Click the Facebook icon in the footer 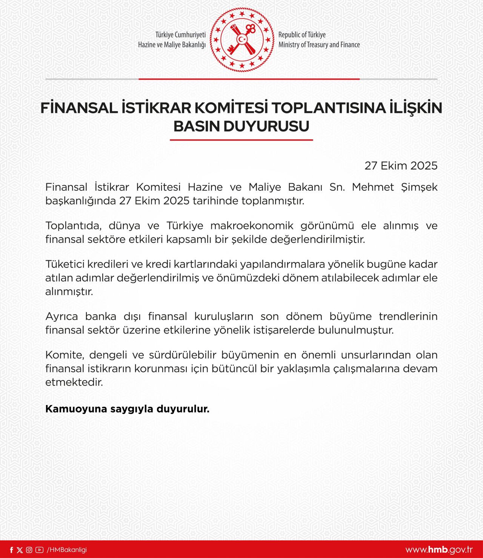click(11, 550)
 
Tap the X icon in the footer click(20, 550)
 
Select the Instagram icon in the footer click(29, 550)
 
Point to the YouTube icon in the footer click(39, 550)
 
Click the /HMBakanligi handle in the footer click(66, 550)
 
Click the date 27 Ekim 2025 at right click(401, 165)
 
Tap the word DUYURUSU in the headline click(266, 127)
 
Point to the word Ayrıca click(62, 316)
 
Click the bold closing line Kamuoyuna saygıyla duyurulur click(127, 409)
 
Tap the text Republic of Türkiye click(302, 35)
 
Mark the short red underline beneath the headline click(241, 140)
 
